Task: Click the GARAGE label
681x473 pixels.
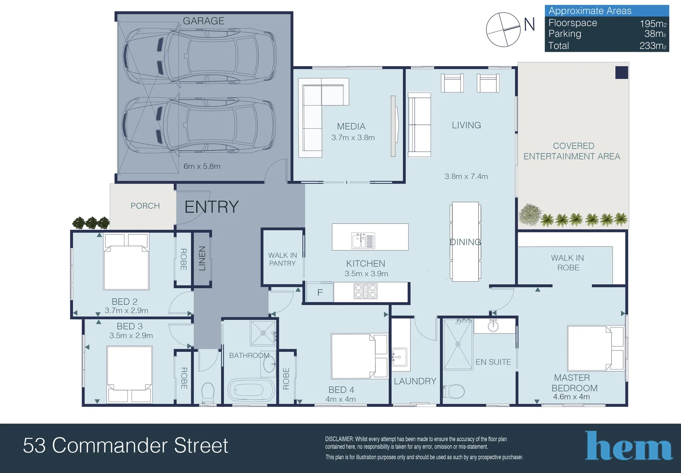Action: click(x=203, y=21)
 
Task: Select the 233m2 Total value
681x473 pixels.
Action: click(x=653, y=46)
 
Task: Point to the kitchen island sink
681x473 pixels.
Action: click(x=363, y=240)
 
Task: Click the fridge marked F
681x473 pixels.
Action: click(x=320, y=293)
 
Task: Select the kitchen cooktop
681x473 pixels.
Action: click(x=365, y=291)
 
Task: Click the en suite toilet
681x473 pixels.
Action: click(x=454, y=391)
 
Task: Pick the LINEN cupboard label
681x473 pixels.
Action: click(x=202, y=258)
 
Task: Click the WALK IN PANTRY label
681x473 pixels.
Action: click(x=282, y=259)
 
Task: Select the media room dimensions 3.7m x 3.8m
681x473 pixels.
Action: click(x=353, y=138)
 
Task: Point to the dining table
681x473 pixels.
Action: click(x=465, y=241)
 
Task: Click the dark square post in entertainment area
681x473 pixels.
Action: click(x=621, y=73)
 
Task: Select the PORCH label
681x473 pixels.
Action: click(x=145, y=206)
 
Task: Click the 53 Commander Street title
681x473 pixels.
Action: click(x=126, y=446)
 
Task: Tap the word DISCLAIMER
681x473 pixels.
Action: click(x=339, y=439)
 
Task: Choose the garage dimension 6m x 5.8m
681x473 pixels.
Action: click(x=202, y=166)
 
